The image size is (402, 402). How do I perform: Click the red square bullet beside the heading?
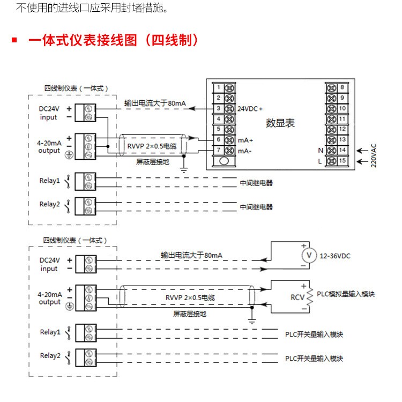[x=14, y=40]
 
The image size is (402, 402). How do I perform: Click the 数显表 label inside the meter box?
[x=280, y=123]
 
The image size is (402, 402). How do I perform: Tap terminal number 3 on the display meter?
[x=219, y=108]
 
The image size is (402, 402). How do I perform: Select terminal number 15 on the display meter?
[x=343, y=161]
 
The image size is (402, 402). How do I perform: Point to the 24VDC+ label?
[x=250, y=109]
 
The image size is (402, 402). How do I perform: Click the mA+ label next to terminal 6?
[x=245, y=140]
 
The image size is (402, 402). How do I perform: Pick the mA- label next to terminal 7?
[x=245, y=151]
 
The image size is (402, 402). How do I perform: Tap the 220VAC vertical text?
[x=374, y=155]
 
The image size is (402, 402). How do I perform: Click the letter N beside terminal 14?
[x=321, y=151]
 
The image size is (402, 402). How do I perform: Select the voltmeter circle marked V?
[x=309, y=255]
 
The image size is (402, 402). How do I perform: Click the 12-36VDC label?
[x=335, y=256]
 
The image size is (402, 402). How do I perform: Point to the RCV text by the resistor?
[x=297, y=297]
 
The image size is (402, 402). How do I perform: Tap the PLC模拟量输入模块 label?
[x=346, y=294]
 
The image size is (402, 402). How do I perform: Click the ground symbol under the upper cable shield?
[x=184, y=169]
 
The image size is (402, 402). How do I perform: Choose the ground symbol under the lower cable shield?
[x=252, y=321]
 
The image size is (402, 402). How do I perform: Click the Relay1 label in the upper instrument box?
[x=49, y=181]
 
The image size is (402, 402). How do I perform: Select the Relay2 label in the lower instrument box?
[x=50, y=355]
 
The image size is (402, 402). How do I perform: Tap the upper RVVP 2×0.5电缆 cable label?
[x=152, y=146]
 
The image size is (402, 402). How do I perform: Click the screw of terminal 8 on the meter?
[x=331, y=88]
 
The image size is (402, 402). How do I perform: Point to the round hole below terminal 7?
[x=224, y=161]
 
